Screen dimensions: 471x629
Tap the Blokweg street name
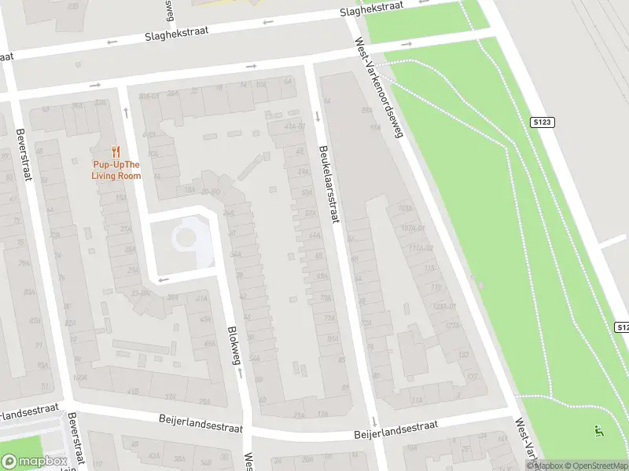[233, 345]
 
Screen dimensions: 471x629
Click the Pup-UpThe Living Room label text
[116, 170]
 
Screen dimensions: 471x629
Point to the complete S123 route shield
[543, 122]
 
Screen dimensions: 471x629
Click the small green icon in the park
[599, 430]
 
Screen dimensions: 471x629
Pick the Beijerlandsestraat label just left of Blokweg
[200, 425]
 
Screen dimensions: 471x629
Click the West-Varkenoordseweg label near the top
[379, 86]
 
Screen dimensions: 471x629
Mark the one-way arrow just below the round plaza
[164, 279]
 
